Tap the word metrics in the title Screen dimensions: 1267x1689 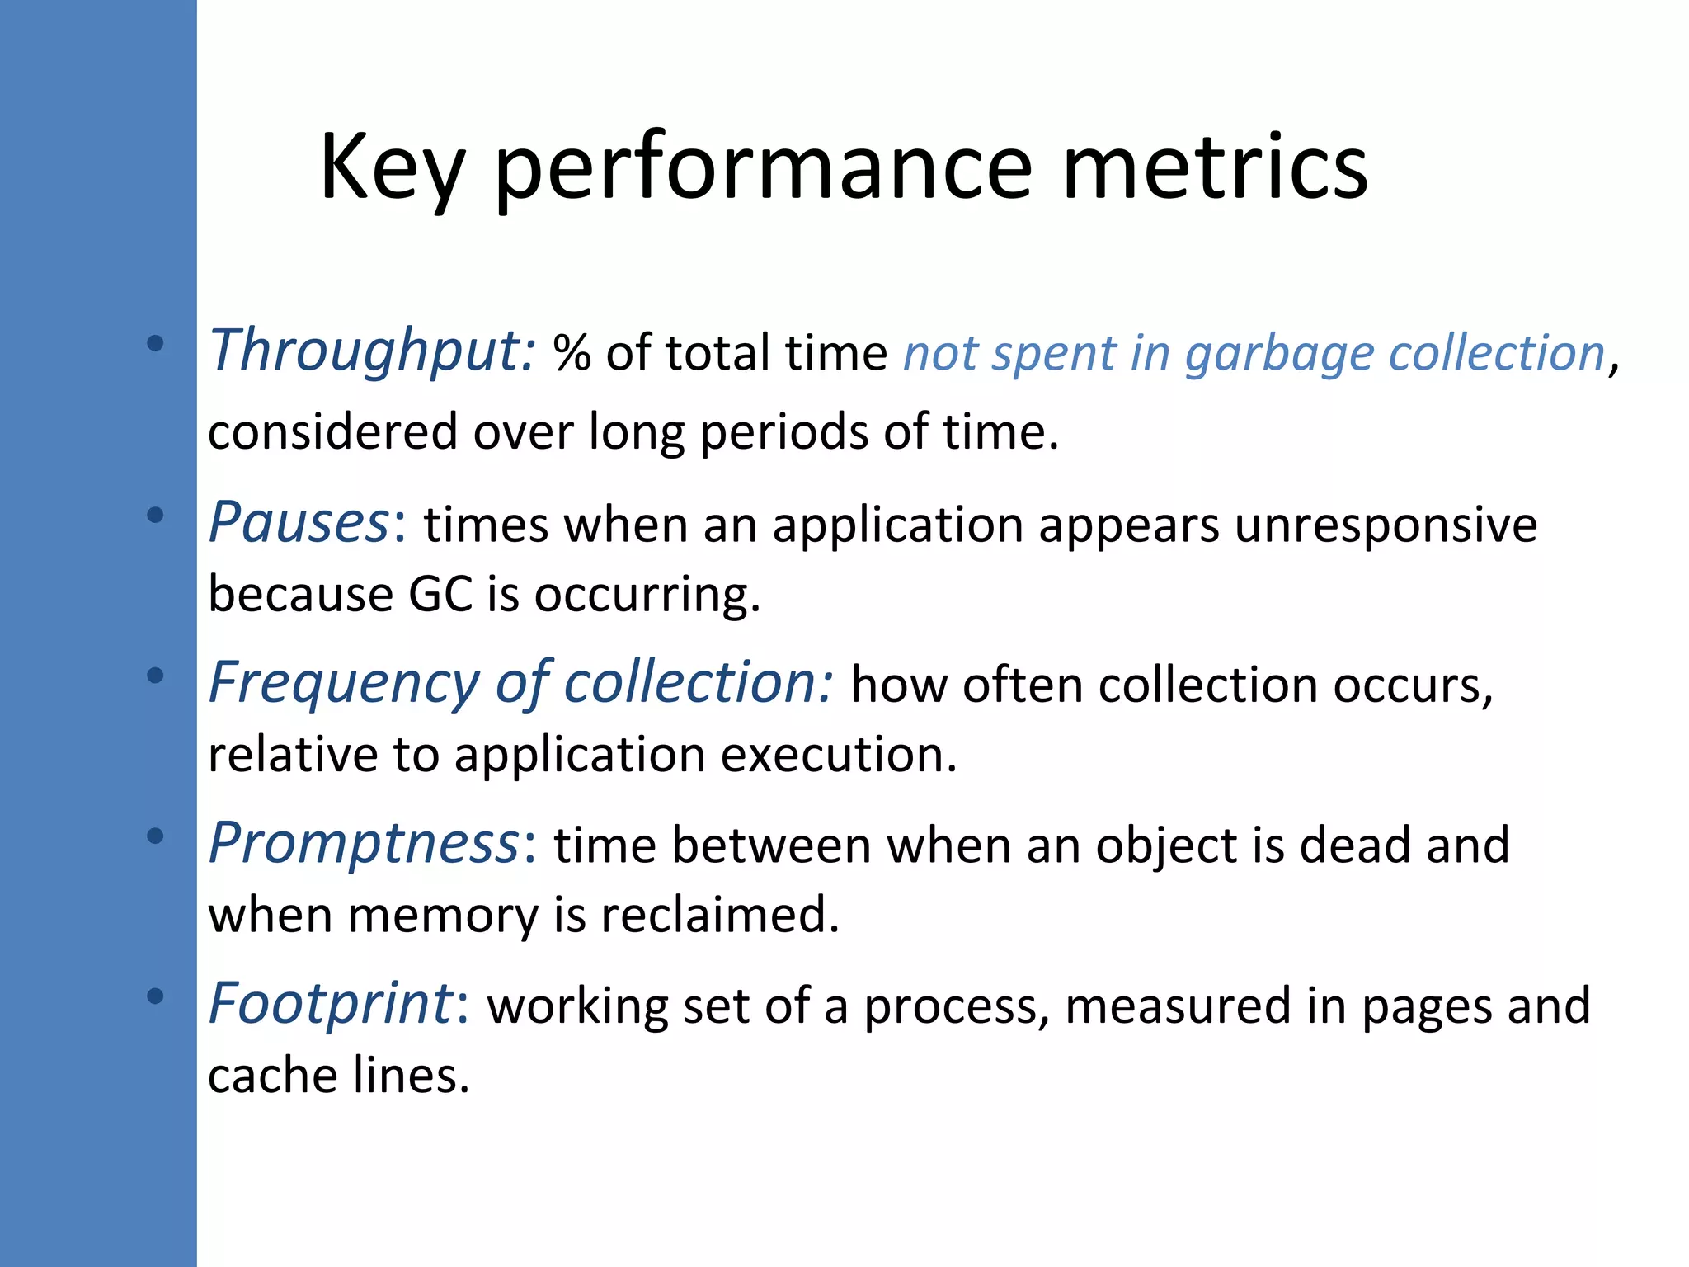click(1215, 168)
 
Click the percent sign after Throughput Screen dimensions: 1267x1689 click(572, 353)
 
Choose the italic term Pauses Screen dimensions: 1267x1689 click(299, 523)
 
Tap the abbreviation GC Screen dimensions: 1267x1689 click(440, 594)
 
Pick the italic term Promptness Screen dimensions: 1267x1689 click(363, 845)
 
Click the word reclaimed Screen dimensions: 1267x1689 click(719, 915)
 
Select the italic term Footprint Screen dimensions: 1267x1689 click(330, 1005)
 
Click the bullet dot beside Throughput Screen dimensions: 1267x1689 click(155, 343)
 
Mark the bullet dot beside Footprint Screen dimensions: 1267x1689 click(155, 996)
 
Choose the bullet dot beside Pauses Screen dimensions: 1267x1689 click(155, 516)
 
